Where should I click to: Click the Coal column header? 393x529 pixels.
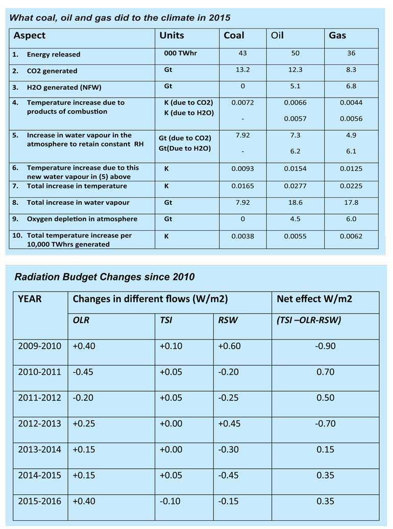(x=234, y=35)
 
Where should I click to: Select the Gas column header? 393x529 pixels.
(x=337, y=35)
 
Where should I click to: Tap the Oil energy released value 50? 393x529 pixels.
(x=295, y=53)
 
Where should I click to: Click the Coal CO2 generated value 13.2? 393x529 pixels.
(x=242, y=69)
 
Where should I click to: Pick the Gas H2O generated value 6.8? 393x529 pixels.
(x=351, y=86)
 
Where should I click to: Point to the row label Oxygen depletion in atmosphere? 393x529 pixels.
(x=82, y=219)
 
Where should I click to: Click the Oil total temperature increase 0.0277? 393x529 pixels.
(x=295, y=186)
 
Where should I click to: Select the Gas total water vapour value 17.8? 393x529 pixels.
(x=351, y=202)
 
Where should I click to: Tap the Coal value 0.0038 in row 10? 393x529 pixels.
(x=242, y=236)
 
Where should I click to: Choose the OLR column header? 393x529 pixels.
(x=81, y=320)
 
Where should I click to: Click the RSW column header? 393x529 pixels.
(x=228, y=320)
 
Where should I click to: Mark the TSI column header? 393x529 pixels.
(x=166, y=320)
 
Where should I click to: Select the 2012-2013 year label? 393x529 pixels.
(x=39, y=423)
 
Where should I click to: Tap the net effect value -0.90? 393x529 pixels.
(x=325, y=346)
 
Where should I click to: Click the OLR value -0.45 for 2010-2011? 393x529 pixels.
(x=83, y=372)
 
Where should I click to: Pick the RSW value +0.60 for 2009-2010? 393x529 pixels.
(x=229, y=346)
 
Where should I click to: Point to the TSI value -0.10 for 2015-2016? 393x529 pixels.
(x=170, y=501)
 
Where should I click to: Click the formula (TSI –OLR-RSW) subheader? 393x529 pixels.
(x=309, y=320)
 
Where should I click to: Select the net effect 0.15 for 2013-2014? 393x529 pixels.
(x=325, y=449)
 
